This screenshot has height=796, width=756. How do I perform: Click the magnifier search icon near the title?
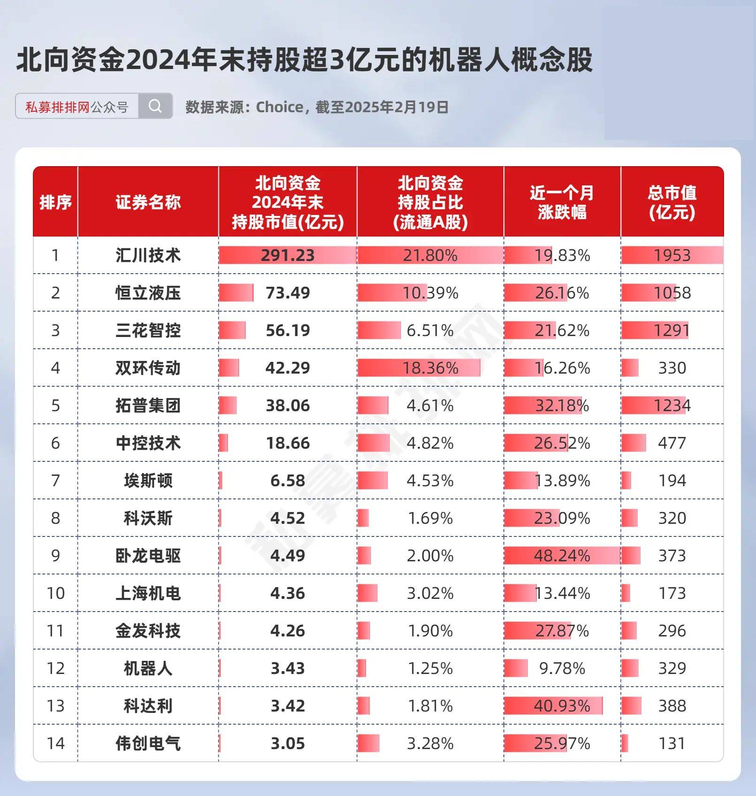pyautogui.click(x=155, y=106)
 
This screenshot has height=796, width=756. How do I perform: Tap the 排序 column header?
pyautogui.click(x=55, y=202)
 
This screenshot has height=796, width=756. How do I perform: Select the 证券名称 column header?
pyautogui.click(x=148, y=202)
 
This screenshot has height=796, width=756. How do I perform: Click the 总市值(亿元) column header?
pyautogui.click(x=672, y=202)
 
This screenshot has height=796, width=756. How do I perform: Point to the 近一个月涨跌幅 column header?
pyautogui.click(x=562, y=202)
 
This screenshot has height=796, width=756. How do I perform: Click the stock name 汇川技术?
pyautogui.click(x=148, y=255)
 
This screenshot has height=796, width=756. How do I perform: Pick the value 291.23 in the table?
pyautogui.click(x=287, y=255)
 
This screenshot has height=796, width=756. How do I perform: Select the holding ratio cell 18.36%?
pyautogui.click(x=430, y=368)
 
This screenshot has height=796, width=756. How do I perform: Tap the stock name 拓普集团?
pyautogui.click(x=148, y=406)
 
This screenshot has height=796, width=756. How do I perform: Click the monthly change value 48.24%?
pyautogui.click(x=562, y=556)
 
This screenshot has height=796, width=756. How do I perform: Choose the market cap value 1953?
pyautogui.click(x=672, y=255)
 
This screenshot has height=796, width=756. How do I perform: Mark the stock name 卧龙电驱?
pyautogui.click(x=148, y=556)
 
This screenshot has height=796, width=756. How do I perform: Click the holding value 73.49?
pyautogui.click(x=287, y=293)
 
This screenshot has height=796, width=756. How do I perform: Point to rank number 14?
pyautogui.click(x=55, y=743)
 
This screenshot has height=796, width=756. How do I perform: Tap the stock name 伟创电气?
pyautogui.click(x=148, y=743)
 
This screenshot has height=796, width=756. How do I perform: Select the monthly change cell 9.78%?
pyautogui.click(x=562, y=668)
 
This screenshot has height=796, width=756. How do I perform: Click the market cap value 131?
pyautogui.click(x=672, y=743)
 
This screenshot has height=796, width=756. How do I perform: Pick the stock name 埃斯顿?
pyautogui.click(x=148, y=481)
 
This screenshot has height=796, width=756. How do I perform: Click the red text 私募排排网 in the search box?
pyautogui.click(x=57, y=107)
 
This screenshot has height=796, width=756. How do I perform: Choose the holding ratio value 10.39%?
pyautogui.click(x=430, y=293)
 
